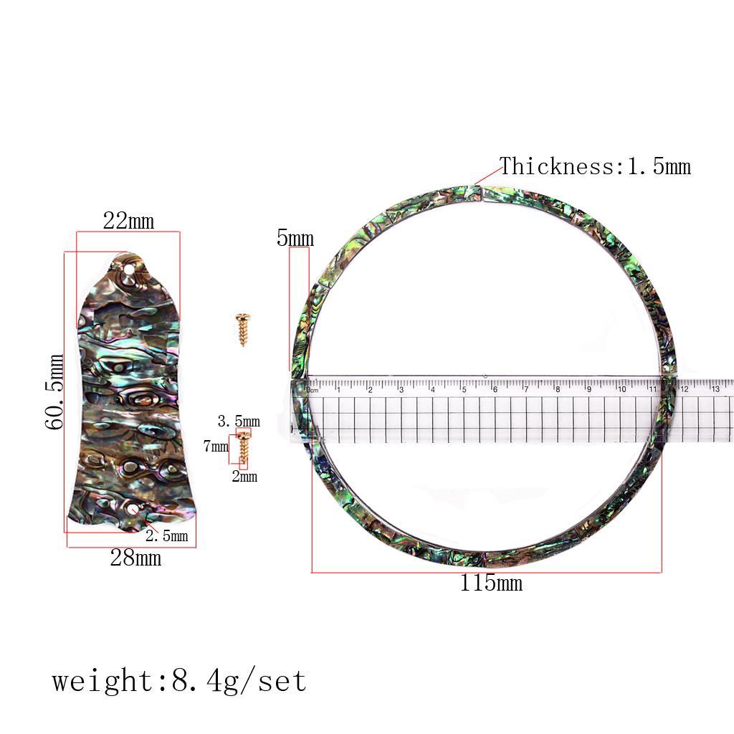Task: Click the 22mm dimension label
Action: tap(129, 221)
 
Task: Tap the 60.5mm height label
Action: tap(54, 392)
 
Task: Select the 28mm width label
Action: tap(135, 558)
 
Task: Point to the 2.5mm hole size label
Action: tap(166, 536)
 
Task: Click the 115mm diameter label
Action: tap(491, 583)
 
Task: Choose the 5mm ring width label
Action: tap(295, 238)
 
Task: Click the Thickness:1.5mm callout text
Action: tap(596, 166)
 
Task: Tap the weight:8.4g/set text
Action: tap(179, 681)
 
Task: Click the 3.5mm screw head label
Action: tap(239, 421)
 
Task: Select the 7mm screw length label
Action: tap(216, 446)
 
